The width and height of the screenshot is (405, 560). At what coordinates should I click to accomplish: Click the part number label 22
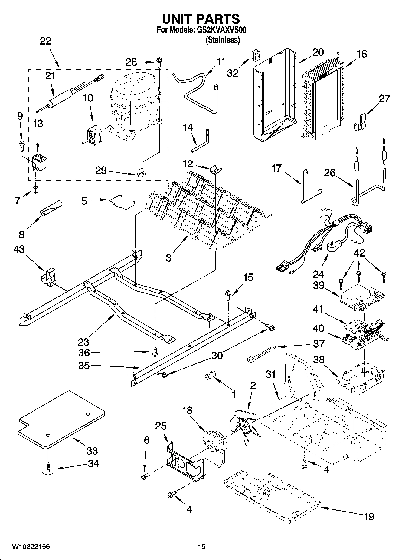[x=46, y=41]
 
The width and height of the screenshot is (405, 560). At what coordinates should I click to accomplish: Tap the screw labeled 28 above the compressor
[x=158, y=62]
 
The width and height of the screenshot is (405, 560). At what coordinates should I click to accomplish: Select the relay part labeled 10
[x=93, y=134]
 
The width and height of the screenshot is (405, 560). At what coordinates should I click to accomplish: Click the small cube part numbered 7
[x=36, y=190]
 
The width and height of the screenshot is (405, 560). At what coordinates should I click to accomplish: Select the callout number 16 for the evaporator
[x=362, y=54]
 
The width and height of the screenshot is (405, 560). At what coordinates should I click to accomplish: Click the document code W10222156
[x=31, y=546]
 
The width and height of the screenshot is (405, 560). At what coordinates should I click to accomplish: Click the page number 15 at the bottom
[x=201, y=546]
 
